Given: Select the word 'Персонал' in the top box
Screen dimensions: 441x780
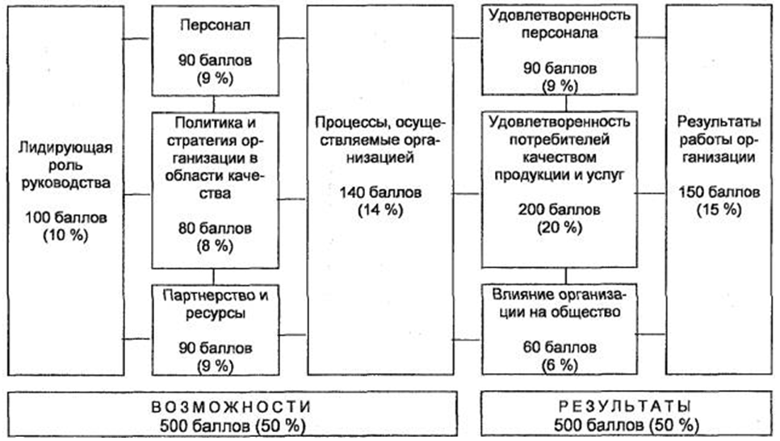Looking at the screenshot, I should (213, 26).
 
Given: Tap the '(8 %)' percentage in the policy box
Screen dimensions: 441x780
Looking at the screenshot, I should (214, 244).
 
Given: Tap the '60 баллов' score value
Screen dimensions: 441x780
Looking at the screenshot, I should (565, 348).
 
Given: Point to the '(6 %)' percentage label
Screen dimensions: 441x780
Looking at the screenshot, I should (565, 365).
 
